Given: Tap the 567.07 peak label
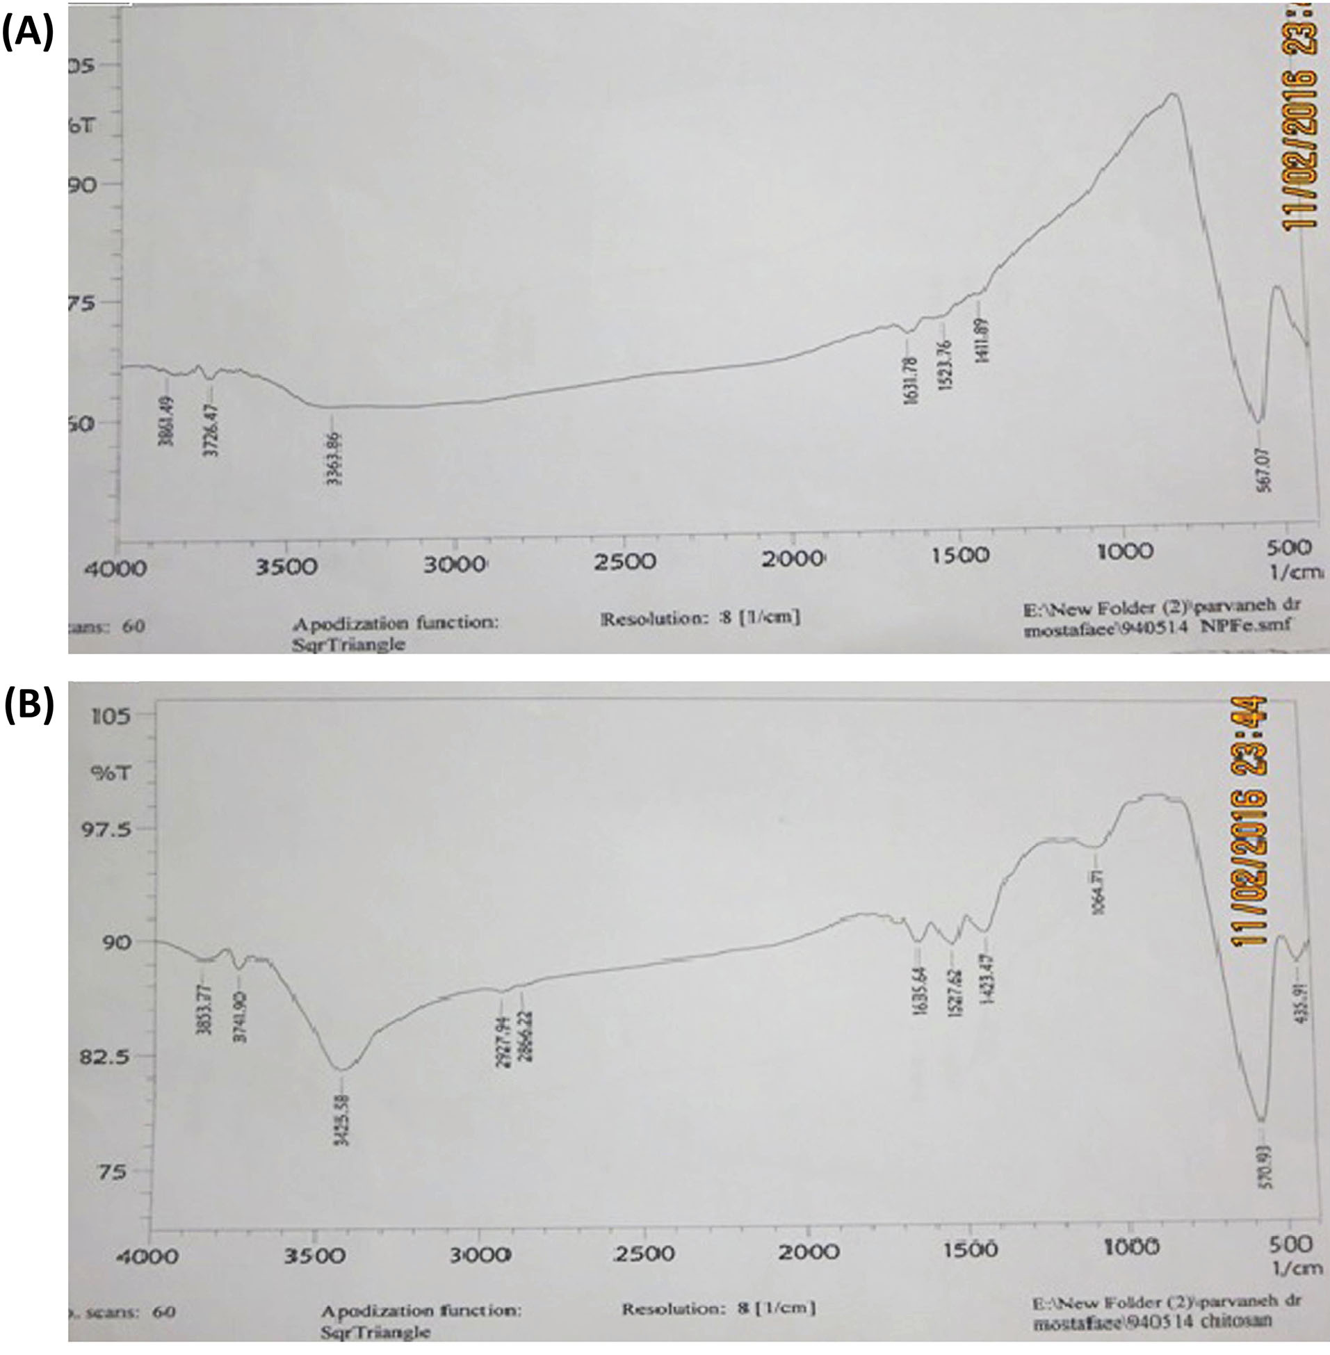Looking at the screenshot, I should (x=1264, y=470).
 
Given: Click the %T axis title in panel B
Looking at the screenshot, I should (x=111, y=772).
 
